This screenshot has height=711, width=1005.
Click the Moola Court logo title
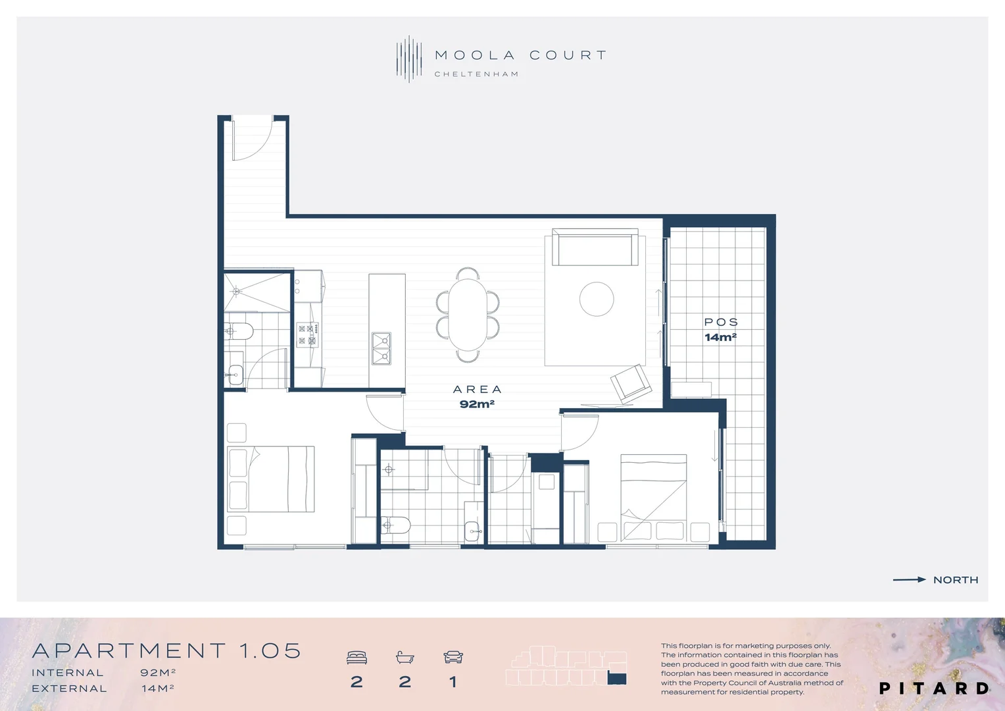pos(520,55)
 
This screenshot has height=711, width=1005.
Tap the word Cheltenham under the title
pos(476,74)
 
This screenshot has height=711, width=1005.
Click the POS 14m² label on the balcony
pos(721,329)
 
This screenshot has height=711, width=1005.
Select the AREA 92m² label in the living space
pos(477,397)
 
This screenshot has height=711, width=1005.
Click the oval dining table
pos(468,315)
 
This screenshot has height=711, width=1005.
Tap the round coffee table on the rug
pos(597,299)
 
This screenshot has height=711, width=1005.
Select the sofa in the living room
pos(595,248)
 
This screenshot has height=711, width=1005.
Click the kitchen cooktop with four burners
pos(307,334)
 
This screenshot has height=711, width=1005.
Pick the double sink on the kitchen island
pos(381,348)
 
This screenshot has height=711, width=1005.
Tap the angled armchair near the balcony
pos(631,383)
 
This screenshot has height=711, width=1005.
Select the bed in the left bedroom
pos(271,479)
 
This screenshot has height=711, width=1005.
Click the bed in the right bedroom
pos(653,497)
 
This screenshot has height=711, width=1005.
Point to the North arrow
pos(909,580)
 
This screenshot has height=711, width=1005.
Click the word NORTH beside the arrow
pos(956,580)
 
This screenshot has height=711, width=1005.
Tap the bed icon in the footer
pos(356,657)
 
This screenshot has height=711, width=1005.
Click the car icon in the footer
pos(453,657)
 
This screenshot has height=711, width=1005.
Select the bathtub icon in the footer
pos(404,657)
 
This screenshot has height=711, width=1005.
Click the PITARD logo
pos(934,689)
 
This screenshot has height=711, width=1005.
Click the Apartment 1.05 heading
pos(166,651)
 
